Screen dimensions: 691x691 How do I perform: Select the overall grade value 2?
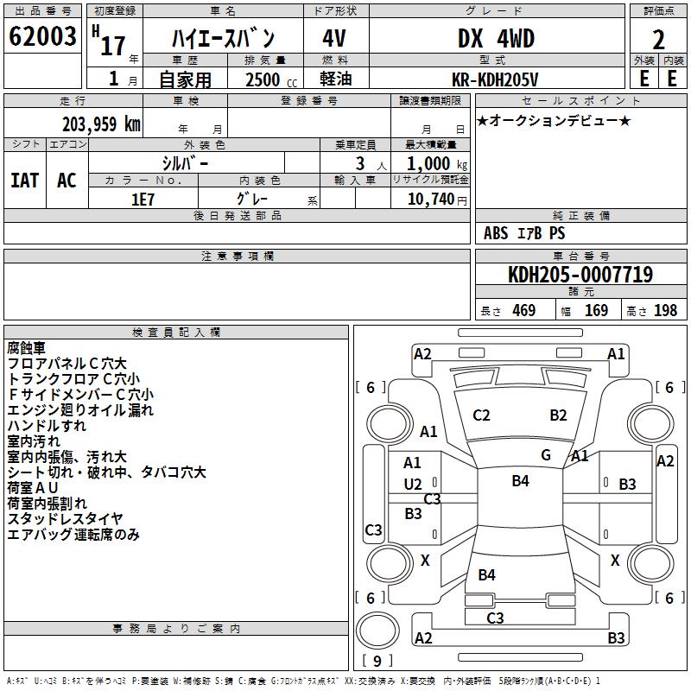pyautogui.click(x=658, y=39)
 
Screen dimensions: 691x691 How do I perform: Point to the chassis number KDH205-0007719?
pyautogui.click(x=580, y=276)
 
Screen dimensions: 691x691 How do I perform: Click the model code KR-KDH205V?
pyautogui.click(x=496, y=79)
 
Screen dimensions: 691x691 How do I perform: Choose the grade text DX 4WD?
pyautogui.click(x=495, y=39)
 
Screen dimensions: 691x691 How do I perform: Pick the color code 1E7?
pyautogui.click(x=143, y=198)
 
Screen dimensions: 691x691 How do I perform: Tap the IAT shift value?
pyautogui.click(x=24, y=181)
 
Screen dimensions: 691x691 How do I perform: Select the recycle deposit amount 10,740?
pyautogui.click(x=429, y=199)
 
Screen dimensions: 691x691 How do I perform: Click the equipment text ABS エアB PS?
pyautogui.click(x=524, y=233)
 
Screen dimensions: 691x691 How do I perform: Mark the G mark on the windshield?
pyautogui.click(x=546, y=454)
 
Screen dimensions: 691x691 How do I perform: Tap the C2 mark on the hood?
pyautogui.click(x=482, y=415)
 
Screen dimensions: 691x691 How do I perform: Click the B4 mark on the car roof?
pyautogui.click(x=520, y=481)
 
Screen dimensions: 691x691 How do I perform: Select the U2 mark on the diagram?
pyautogui.click(x=413, y=485)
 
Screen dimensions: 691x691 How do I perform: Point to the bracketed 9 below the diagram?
pyautogui.click(x=376, y=661)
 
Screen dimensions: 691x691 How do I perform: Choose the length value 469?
pyautogui.click(x=523, y=311)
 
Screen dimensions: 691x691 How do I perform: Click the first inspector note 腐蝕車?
pyautogui.click(x=26, y=348)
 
